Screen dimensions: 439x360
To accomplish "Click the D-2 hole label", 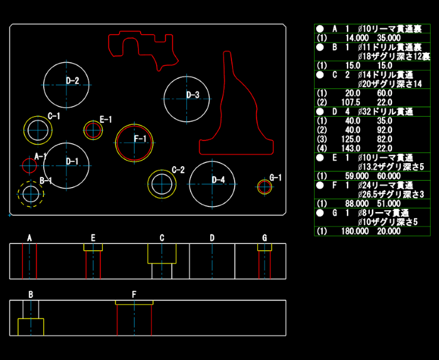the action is click(73, 81).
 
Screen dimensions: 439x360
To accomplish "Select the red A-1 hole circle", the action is click(29, 159).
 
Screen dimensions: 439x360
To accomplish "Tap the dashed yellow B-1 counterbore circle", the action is click(31, 181).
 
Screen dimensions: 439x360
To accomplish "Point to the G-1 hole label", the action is click(275, 177).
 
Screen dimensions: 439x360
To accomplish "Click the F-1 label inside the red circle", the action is click(140, 139).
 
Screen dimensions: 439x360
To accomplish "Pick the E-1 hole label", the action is click(106, 120).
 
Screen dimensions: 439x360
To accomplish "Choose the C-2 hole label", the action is click(178, 169).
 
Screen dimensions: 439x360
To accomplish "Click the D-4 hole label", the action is click(218, 180).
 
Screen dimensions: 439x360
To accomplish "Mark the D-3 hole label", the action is click(193, 95).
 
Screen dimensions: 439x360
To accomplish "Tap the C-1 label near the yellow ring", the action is click(54, 116).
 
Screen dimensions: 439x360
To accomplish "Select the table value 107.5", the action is click(351, 102).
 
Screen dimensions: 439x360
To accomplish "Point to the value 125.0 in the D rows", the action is click(351, 139).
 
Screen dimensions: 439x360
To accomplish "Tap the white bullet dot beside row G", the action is click(320, 213).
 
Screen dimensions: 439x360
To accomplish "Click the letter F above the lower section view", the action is click(134, 295).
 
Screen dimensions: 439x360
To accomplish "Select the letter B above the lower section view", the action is click(31, 295).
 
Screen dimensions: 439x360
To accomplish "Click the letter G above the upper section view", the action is click(265, 238).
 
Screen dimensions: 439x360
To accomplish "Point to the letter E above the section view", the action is click(93, 238).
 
